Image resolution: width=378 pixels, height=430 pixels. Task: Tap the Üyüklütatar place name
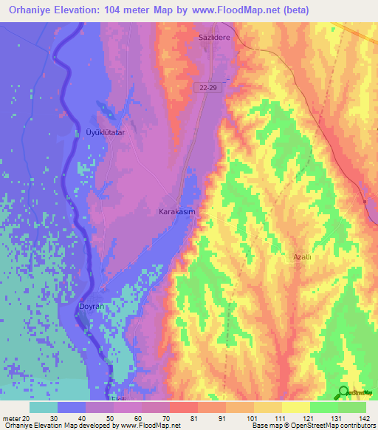click(107, 132)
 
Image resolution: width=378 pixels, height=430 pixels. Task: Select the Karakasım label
click(177, 211)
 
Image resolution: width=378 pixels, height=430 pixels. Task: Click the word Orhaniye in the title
click(30, 10)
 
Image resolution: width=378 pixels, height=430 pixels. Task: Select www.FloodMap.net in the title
click(237, 10)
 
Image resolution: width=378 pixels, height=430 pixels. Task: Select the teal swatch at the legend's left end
click(44, 407)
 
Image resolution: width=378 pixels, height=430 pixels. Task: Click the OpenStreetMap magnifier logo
click(343, 392)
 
